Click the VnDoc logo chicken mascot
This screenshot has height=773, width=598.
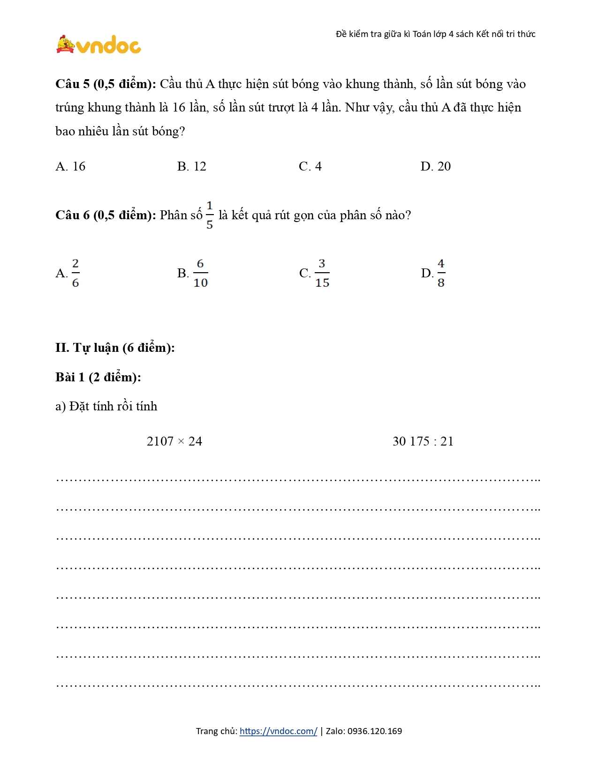66,45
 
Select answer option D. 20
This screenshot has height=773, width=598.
435,166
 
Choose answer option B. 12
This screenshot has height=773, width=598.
191,166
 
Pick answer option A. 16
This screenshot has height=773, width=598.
70,166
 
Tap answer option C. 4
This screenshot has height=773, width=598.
310,166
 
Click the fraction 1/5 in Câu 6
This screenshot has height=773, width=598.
209,215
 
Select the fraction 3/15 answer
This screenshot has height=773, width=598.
322,273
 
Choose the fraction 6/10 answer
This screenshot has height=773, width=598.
200,273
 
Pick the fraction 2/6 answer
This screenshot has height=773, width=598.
75,273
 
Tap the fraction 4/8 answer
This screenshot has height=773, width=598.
441,273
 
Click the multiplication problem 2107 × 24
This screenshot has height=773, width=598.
174,441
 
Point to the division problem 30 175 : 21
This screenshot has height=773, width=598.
423,441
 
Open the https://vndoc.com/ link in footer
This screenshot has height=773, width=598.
278,731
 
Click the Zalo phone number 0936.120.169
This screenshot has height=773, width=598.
375,731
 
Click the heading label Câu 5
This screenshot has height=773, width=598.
72,84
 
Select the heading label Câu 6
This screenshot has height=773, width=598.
72,216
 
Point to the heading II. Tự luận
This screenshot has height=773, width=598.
115,348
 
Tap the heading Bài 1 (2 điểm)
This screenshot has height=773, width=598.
98,377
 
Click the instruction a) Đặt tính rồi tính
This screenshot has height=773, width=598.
106,406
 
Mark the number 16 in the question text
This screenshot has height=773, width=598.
179,108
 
